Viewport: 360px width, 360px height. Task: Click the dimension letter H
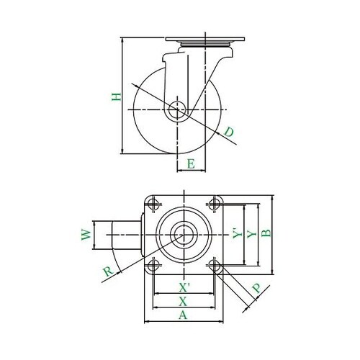tap(117, 96)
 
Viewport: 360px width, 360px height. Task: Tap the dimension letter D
tap(229, 132)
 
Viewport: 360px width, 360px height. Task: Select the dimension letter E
tap(191, 164)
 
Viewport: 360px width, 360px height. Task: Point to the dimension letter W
tap(86, 235)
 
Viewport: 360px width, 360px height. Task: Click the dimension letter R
tap(109, 271)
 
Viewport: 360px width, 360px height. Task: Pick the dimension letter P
tap(257, 288)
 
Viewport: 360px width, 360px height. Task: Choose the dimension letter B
tap(266, 233)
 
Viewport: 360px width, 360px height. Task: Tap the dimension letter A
tap(183, 315)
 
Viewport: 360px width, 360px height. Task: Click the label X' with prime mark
tap(184, 287)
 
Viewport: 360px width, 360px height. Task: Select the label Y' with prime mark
tap(238, 233)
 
